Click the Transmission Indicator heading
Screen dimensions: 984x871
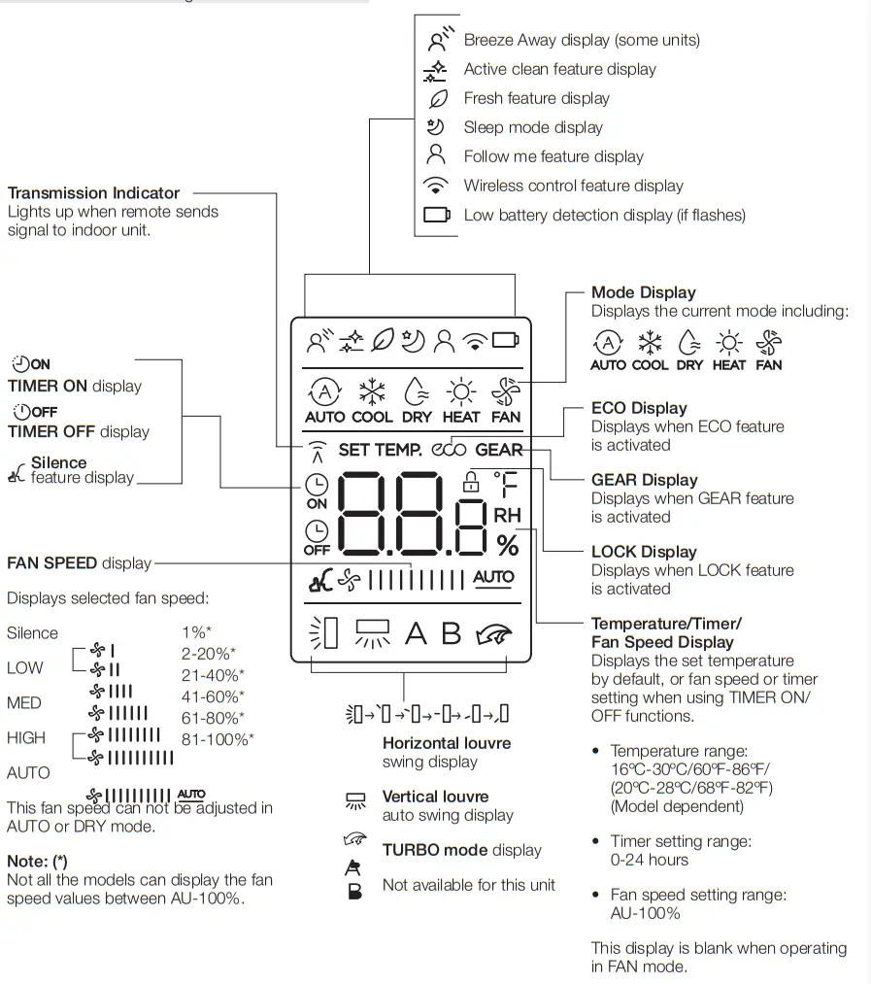click(x=93, y=193)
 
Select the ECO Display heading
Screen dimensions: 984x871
click(x=638, y=408)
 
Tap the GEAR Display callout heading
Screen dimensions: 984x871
click(x=644, y=480)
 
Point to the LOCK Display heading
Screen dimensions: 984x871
click(x=644, y=552)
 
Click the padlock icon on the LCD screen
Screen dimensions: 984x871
click(x=472, y=480)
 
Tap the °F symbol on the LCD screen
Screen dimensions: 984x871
click(x=506, y=484)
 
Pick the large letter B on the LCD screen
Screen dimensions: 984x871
click(x=452, y=633)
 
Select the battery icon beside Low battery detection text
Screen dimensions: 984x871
click(x=437, y=215)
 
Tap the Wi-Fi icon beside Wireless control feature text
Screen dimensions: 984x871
click(x=437, y=186)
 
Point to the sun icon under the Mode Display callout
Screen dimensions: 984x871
click(x=727, y=343)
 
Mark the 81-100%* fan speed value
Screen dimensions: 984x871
click(x=218, y=739)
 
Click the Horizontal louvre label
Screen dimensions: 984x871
click(x=446, y=743)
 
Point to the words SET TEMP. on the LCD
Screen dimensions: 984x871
click(x=380, y=450)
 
